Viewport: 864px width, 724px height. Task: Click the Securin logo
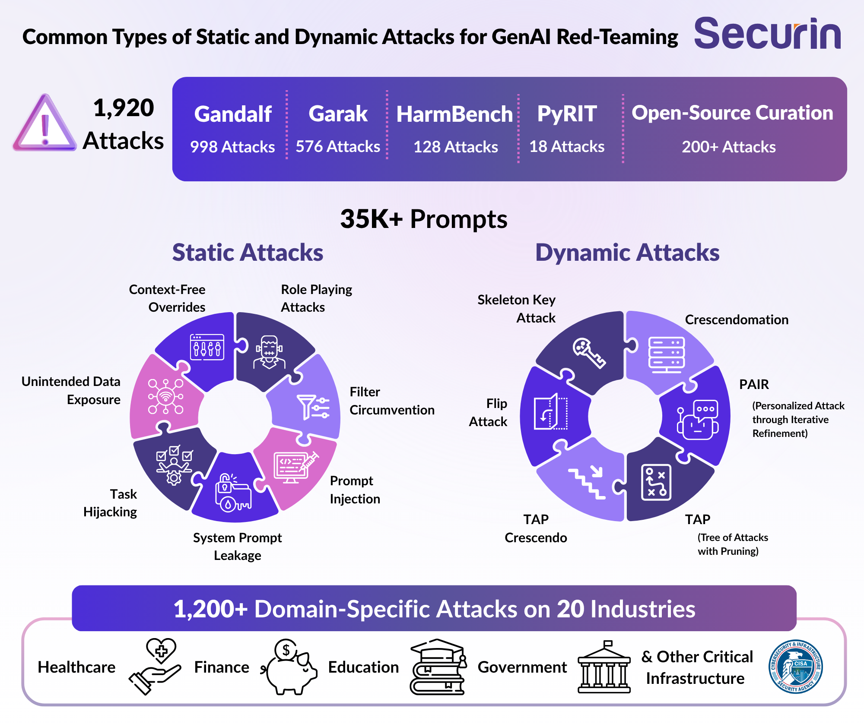tap(768, 33)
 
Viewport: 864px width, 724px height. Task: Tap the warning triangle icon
tap(45, 123)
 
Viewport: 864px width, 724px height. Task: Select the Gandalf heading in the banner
tap(233, 114)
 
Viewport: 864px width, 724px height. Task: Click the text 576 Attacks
tap(338, 147)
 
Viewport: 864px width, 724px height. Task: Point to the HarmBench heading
tap(454, 114)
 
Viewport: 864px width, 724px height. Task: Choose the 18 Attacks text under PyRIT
tap(567, 147)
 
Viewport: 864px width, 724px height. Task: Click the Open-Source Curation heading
tap(732, 113)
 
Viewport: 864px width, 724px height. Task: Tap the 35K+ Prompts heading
tap(424, 219)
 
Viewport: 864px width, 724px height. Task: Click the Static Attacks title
tap(248, 253)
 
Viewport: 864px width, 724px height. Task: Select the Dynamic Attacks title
tap(627, 253)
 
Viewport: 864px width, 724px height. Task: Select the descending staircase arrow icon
tap(588, 483)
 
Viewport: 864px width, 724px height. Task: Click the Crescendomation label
tap(737, 320)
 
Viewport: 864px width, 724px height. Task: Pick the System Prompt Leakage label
tap(237, 547)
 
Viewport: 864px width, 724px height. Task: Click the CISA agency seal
tap(796, 667)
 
